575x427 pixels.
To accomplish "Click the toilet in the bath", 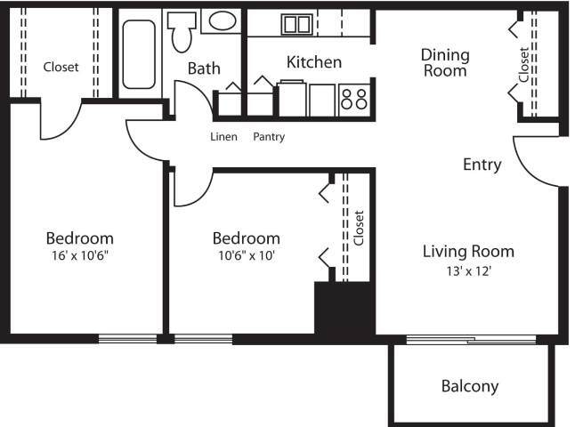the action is coord(182,32).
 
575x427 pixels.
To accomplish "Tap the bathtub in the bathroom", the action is coord(139,54).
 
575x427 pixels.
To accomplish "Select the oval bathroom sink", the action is coord(222,20).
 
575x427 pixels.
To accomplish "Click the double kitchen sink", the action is coord(297,25).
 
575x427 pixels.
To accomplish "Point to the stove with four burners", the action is coord(354,100).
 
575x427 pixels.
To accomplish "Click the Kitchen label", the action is coord(314,62).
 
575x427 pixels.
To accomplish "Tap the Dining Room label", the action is coord(445,62).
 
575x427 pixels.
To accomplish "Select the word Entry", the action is coord(482,165).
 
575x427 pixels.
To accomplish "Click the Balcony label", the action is coord(470,386).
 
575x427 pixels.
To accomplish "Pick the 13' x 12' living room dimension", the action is coord(469,271).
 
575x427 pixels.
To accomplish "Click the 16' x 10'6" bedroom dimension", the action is coord(80,255).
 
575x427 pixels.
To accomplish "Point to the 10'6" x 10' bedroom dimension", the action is coord(247,255).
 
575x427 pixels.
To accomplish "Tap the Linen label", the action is coord(223,137).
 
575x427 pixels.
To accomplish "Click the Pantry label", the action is coord(269,137).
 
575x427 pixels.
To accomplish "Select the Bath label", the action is coord(204,68).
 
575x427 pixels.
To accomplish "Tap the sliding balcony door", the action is coord(472,340).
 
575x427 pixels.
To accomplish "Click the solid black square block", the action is coord(344,308).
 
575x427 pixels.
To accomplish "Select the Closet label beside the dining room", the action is coord(524,65).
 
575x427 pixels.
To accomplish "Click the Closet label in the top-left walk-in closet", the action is coord(61,67).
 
